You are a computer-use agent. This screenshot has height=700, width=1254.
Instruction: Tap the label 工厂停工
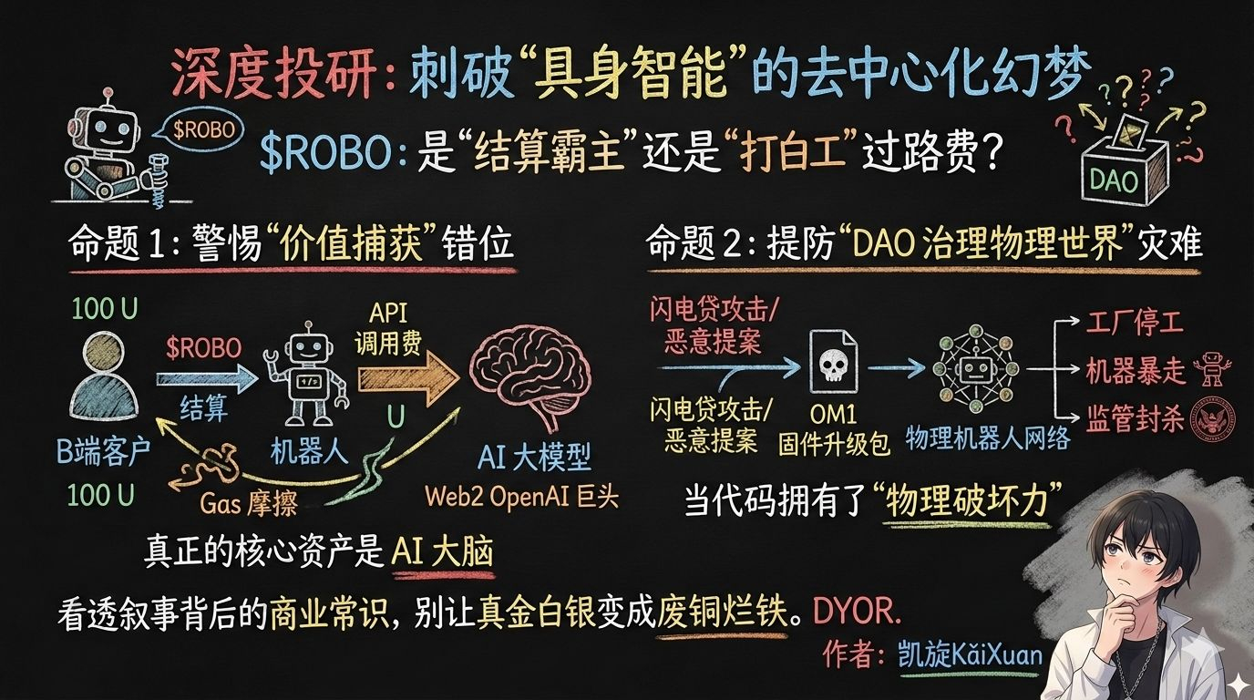(1135, 324)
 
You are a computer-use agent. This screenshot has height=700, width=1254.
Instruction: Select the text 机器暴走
(1135, 371)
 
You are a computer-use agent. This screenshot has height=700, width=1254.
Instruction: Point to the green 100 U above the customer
(105, 310)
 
